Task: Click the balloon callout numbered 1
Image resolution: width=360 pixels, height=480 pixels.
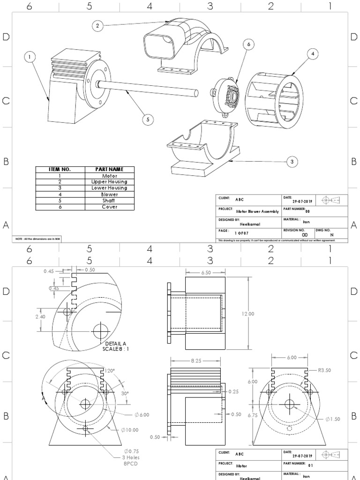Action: pyautogui.click(x=30, y=57)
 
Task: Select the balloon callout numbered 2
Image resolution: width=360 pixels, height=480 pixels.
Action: pyautogui.click(x=97, y=26)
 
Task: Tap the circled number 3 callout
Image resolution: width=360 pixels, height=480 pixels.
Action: pyautogui.click(x=292, y=162)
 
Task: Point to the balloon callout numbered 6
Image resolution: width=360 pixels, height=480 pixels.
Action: pyautogui.click(x=248, y=44)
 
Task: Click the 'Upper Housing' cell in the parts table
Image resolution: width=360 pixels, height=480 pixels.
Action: pyautogui.click(x=109, y=181)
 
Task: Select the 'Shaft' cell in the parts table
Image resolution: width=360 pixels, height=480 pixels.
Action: pyautogui.click(x=109, y=200)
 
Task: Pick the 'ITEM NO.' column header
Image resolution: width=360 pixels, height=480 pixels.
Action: pyautogui.click(x=60, y=169)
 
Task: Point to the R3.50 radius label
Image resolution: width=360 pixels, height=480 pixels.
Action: pyautogui.click(x=324, y=370)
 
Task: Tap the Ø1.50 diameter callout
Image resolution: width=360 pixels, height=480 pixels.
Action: pyautogui.click(x=334, y=419)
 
